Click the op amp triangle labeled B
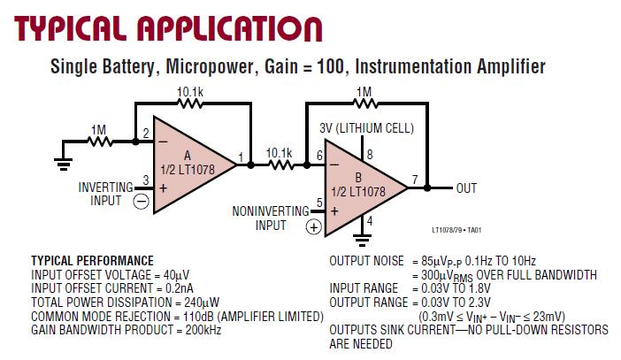tap(357, 188)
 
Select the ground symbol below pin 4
tap(360, 236)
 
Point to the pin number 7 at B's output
tap(415, 180)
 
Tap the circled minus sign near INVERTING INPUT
tap(140, 201)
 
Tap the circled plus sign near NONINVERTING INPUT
tap(312, 226)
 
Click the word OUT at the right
tap(466, 188)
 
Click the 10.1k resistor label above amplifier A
tap(191, 91)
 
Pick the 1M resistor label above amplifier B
tap(364, 91)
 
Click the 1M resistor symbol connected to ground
tap(100, 141)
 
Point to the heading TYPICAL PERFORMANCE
tap(92, 261)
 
